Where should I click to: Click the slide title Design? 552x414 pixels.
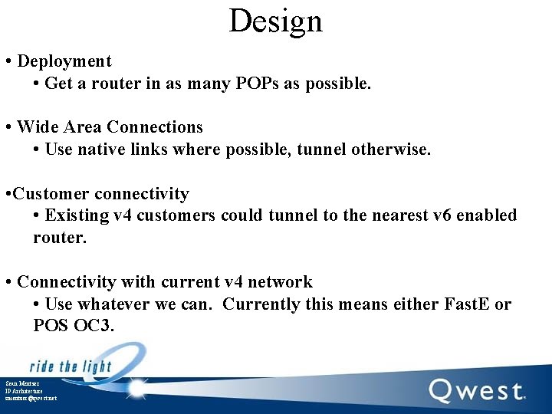click(275, 21)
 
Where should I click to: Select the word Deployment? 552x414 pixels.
click(64, 61)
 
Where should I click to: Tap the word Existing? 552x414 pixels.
click(77, 215)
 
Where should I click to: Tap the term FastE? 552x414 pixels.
click(467, 304)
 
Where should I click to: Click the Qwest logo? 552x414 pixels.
click(476, 391)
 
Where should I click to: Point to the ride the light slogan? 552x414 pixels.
click(71, 366)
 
